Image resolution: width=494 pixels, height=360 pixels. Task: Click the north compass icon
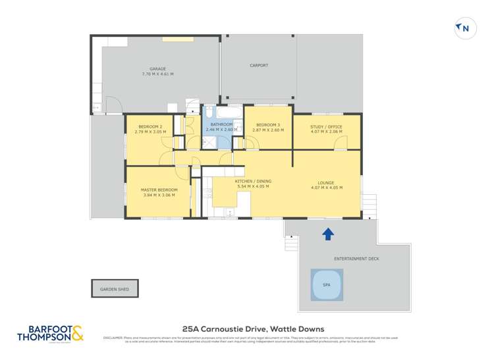[464, 28]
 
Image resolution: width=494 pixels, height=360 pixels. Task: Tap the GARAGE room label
[157, 68]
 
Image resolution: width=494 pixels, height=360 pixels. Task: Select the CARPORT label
[259, 65]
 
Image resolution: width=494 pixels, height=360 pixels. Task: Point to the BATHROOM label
[221, 124]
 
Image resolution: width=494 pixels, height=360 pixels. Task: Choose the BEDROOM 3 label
[268, 124]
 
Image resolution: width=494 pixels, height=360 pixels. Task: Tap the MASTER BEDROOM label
[159, 190]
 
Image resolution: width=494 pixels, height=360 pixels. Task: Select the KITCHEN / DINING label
[253, 181]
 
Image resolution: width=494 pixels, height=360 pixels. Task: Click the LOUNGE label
[327, 182]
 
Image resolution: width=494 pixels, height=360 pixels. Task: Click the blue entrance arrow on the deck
[327, 233]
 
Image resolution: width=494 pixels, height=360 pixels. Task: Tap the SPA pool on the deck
[327, 285]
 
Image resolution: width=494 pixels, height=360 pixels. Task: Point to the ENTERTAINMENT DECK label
[356, 259]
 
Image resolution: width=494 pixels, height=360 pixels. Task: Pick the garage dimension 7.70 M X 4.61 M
[157, 74]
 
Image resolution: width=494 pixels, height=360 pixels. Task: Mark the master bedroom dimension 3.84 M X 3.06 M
[159, 195]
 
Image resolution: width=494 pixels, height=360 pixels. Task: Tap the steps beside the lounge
[371, 205]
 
